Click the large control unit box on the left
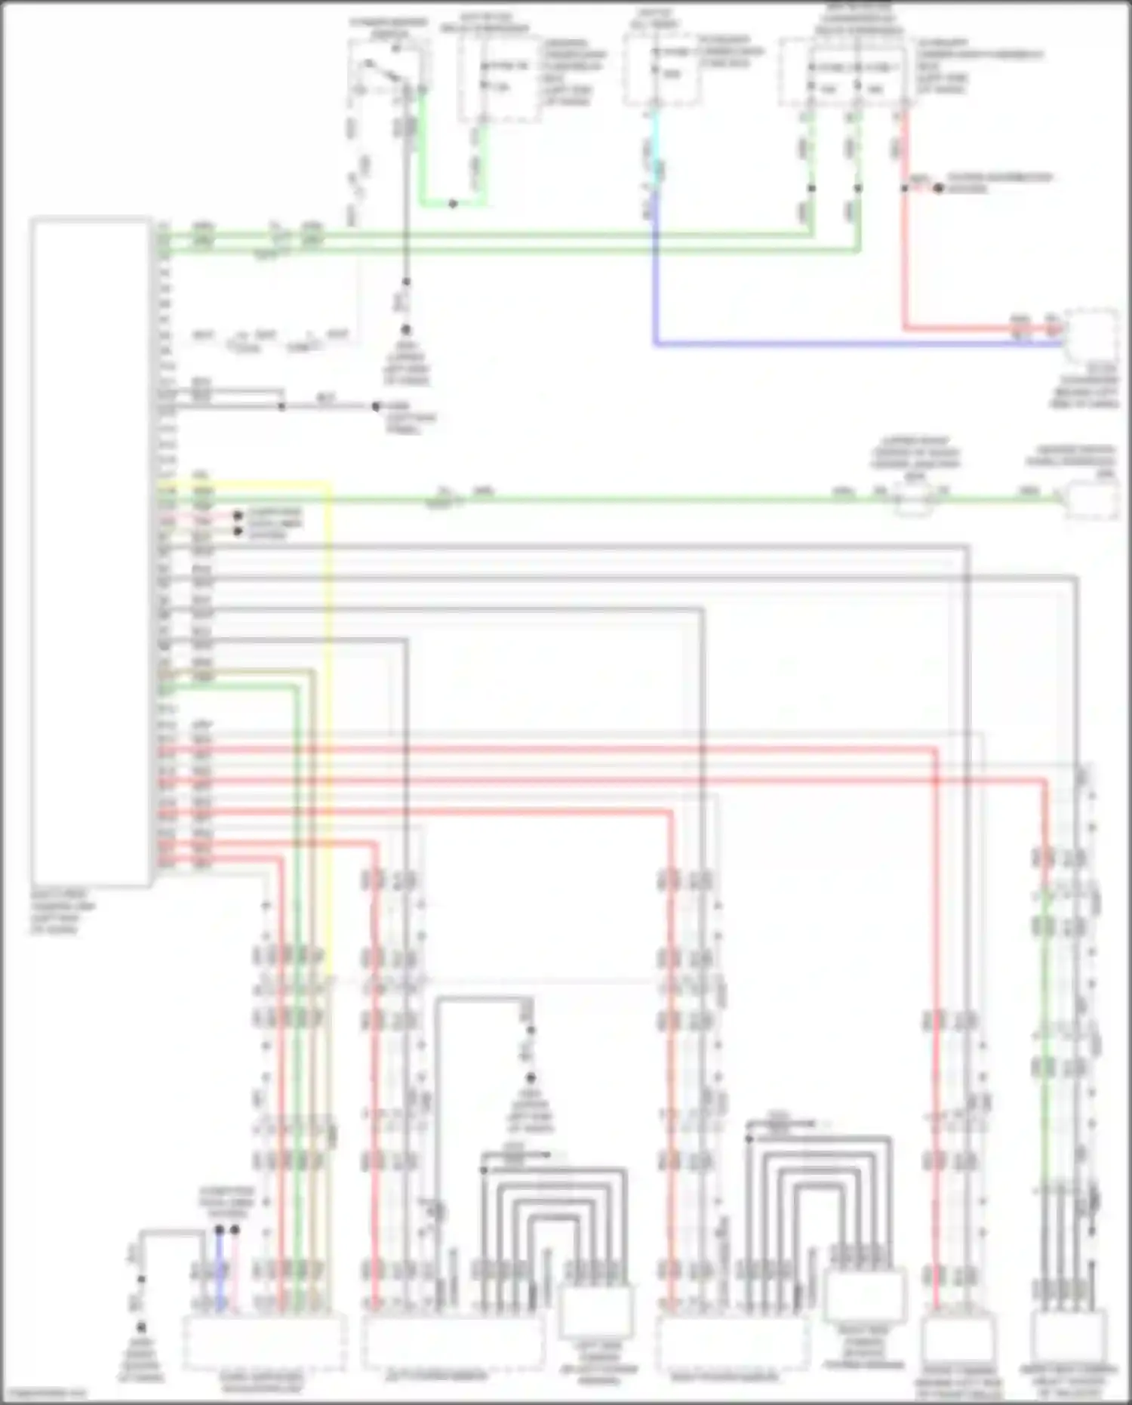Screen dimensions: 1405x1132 91,551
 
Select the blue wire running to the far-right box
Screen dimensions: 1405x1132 830,344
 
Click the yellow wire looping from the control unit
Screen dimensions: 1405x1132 330,679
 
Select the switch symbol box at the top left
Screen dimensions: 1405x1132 386,72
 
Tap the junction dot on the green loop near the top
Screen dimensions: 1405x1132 452,204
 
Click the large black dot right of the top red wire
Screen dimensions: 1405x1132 938,188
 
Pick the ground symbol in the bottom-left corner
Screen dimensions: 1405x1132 141,1327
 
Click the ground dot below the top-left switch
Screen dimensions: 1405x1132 405,330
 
